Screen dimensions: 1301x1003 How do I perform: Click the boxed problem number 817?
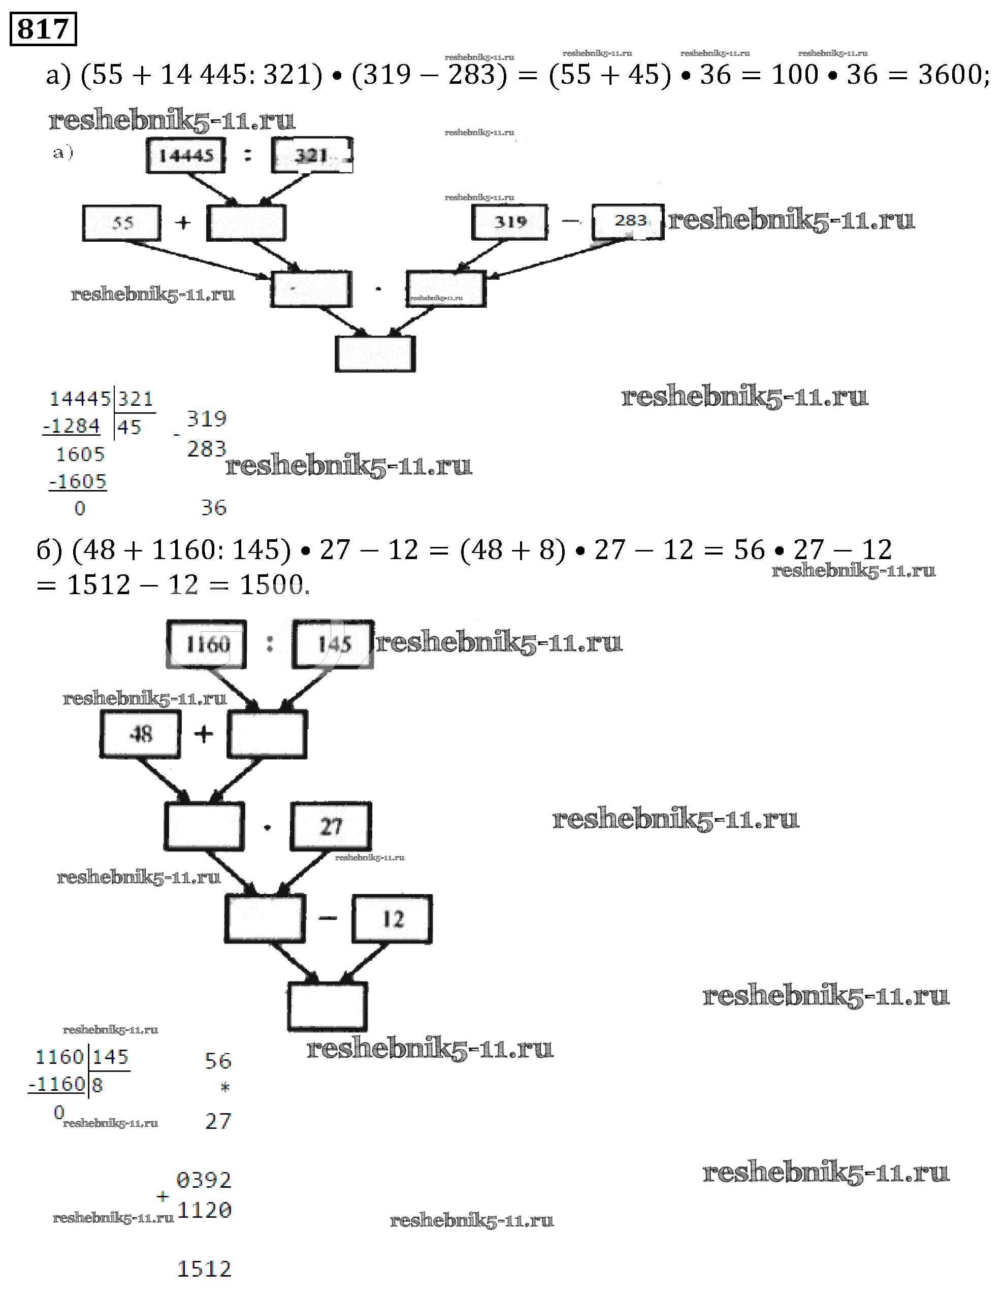pyautogui.click(x=43, y=28)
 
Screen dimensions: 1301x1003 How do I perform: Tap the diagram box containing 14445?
pyautogui.click(x=186, y=155)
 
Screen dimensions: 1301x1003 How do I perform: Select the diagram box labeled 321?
pyautogui.click(x=311, y=155)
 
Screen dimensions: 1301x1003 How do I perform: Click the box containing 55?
pyautogui.click(x=121, y=223)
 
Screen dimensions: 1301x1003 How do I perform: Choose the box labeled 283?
pyautogui.click(x=628, y=221)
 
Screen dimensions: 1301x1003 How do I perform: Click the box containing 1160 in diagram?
pyautogui.click(x=206, y=644)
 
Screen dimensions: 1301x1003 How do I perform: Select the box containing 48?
pyautogui.click(x=140, y=734)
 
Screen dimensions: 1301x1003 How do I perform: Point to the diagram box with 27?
pyautogui.click(x=331, y=826)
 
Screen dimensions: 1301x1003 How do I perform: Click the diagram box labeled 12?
pyautogui.click(x=392, y=919)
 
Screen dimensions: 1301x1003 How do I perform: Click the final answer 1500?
pyautogui.click(x=273, y=585)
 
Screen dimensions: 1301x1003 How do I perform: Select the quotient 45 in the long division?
pyautogui.click(x=129, y=427)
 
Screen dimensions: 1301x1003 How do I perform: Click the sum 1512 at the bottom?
pyautogui.click(x=204, y=1269)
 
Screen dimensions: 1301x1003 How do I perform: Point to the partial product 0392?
pyautogui.click(x=204, y=1180)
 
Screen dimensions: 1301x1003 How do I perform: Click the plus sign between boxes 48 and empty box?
pyautogui.click(x=204, y=734)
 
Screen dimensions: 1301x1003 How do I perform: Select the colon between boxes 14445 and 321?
pyautogui.click(x=248, y=155)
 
